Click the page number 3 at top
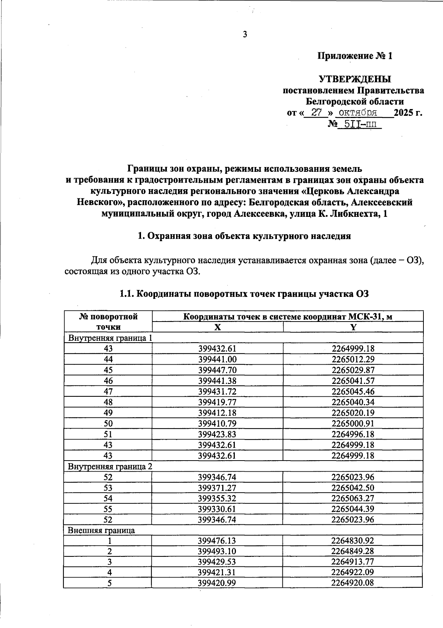point(244,35)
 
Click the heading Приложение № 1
point(355,56)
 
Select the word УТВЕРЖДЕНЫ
point(355,79)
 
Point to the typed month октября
point(357,112)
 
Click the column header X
point(218,327)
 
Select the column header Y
point(353,327)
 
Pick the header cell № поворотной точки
point(108,322)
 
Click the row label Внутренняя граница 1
point(110,338)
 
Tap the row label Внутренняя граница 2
point(110,466)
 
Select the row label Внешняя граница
point(101,530)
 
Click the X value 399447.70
point(217,370)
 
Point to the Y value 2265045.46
point(353,391)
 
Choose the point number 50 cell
point(108,423)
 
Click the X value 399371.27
point(217,488)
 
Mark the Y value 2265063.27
point(353,498)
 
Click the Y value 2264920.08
point(353,583)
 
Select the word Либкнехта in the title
point(355,214)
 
